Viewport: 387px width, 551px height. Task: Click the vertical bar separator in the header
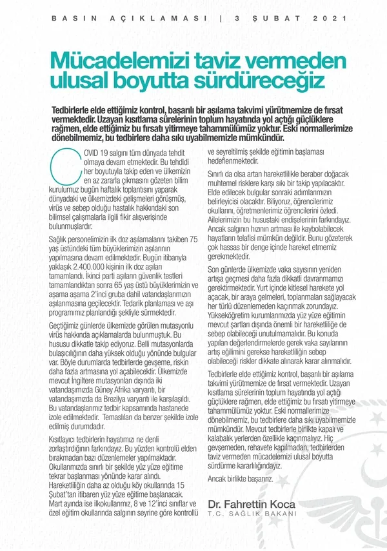pos(221,18)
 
